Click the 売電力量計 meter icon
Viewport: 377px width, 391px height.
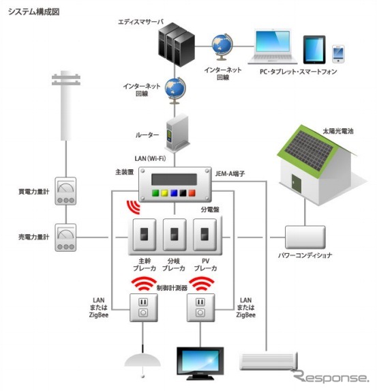tap(66, 237)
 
